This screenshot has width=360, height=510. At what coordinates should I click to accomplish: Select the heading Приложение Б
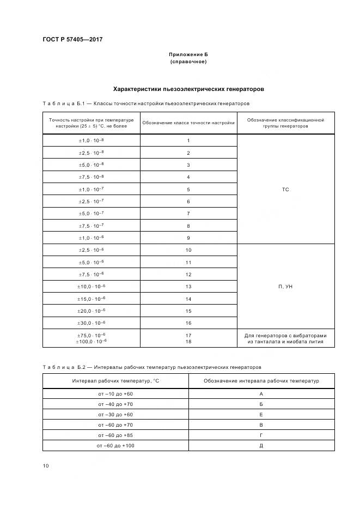point(188,55)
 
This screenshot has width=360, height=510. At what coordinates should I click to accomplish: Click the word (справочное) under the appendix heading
point(188,62)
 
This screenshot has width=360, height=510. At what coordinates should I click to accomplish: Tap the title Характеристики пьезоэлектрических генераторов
point(188,88)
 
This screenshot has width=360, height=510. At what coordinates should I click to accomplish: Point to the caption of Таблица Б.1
point(146,103)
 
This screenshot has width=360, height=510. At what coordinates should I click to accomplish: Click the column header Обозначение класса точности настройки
point(188,123)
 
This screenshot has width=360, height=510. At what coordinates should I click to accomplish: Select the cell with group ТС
point(285,189)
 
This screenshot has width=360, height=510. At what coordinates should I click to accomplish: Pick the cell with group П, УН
point(285,287)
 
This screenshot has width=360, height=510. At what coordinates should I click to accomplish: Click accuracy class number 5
point(188,190)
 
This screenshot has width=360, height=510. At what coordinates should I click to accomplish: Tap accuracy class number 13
point(188,287)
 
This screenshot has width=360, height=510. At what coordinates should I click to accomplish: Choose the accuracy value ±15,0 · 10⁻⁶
point(91,299)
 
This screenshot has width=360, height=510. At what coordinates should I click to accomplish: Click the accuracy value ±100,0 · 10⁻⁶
point(91,341)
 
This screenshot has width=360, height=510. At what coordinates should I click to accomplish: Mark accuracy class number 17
point(188,335)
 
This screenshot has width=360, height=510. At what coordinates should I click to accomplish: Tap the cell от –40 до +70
point(115,404)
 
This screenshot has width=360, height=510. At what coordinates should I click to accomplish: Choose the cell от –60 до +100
point(115,445)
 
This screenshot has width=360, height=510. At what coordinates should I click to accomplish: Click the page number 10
point(46,466)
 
